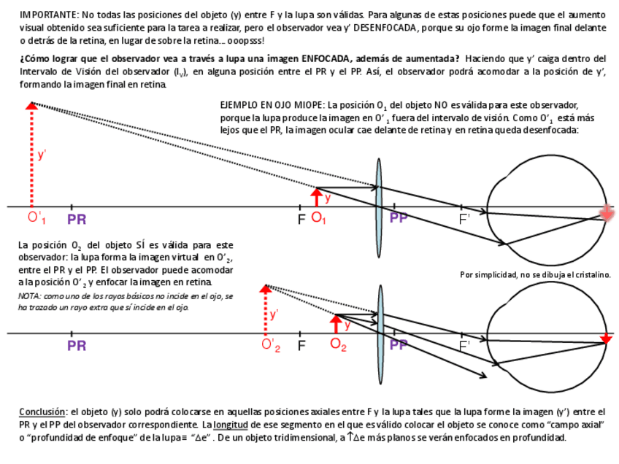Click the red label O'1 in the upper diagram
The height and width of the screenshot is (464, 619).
pos(37,218)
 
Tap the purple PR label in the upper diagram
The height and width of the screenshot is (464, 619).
pos(77,219)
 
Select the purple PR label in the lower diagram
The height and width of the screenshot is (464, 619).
pos(77,346)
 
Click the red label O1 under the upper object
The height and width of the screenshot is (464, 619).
pos(319,218)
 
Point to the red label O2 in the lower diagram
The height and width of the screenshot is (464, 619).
pos(338,345)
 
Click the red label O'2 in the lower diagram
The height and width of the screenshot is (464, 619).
pos(271,345)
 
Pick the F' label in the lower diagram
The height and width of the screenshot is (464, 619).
pos(464,345)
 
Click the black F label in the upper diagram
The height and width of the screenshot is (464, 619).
pos(301,219)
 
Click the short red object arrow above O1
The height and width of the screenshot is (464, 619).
pos(317,197)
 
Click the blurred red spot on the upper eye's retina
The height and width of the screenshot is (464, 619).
pos(606,212)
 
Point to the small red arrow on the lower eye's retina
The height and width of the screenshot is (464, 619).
pos(606,338)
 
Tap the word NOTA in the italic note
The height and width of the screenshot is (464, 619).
pos(29,296)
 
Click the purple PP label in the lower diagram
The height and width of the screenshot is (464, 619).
pos(399,345)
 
